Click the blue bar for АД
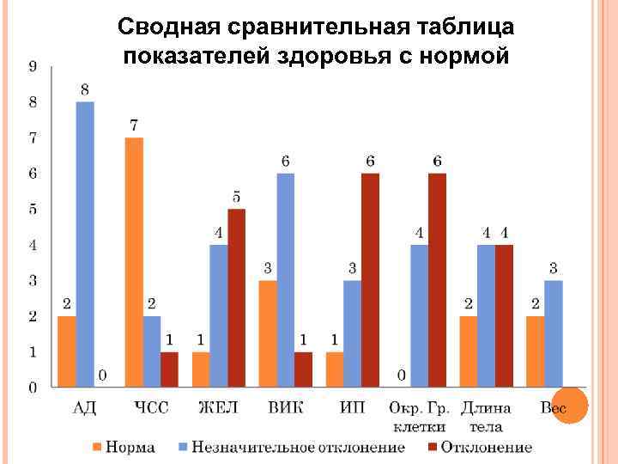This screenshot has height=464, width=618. pos(85,244)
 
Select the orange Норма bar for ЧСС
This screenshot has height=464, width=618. pos(134,262)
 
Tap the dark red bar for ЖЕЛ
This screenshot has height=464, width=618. pos(236,298)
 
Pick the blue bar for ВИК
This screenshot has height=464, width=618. pos(286,280)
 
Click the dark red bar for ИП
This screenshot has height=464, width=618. pos(370,280)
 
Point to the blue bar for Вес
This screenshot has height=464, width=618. pos(554,333)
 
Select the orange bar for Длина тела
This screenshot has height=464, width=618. pos(469,351)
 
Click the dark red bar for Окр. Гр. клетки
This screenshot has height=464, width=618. pos(437,280)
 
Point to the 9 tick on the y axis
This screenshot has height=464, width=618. pos(33,67)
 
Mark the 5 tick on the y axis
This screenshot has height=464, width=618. pos(33,210)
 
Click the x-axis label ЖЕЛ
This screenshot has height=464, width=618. pos(219,408)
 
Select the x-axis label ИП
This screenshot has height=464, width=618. pos(353,408)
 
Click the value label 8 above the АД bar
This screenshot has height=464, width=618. pos(85,89)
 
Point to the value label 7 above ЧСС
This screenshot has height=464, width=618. pos(134,125)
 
